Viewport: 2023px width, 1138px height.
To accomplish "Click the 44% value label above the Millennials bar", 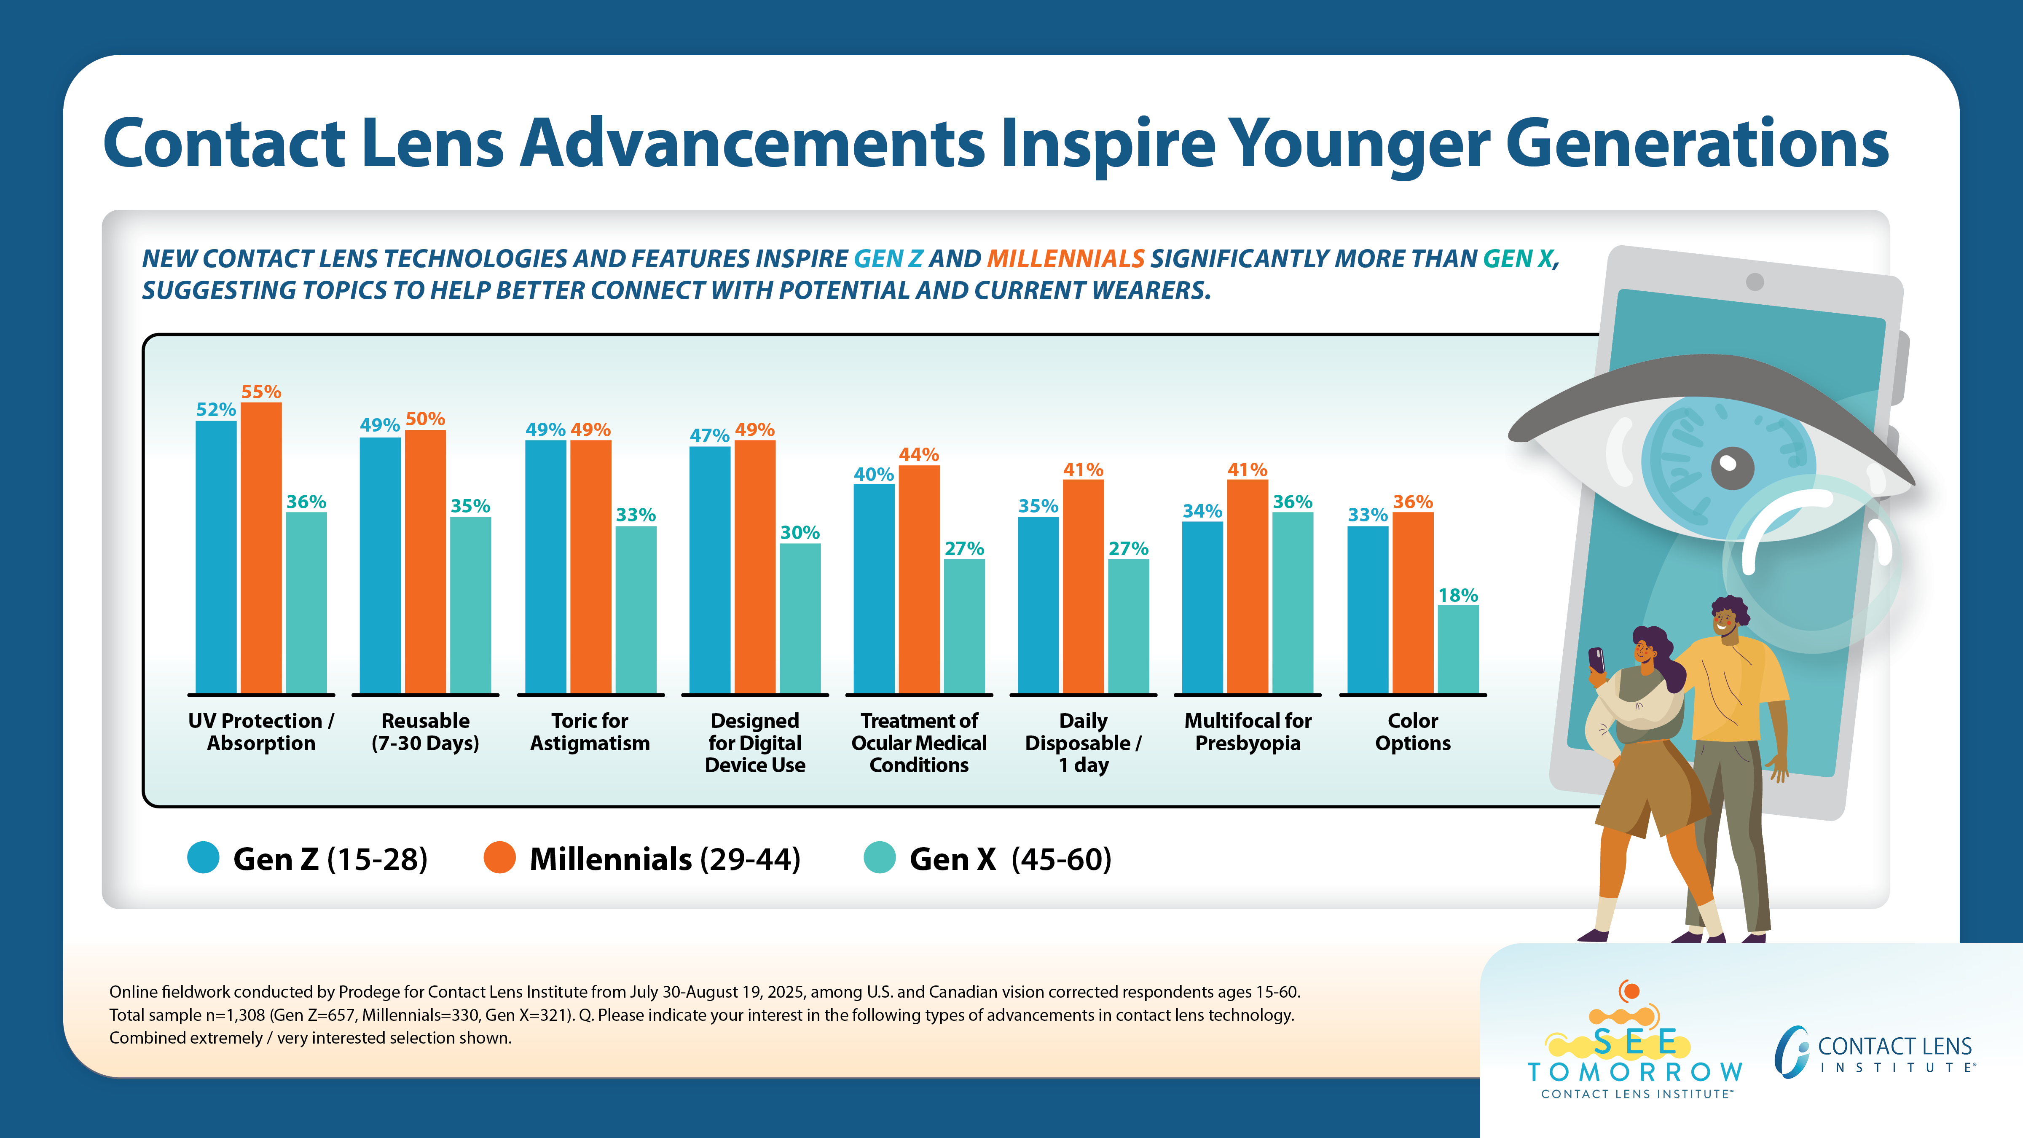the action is point(919,455).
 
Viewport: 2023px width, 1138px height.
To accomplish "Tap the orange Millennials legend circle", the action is point(499,858).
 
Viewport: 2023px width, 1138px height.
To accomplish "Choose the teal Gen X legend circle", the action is point(880,858).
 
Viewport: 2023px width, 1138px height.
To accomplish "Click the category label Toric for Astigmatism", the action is point(590,732).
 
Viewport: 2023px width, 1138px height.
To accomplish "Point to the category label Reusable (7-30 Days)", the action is point(425,732).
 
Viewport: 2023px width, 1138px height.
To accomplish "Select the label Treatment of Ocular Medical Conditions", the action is point(919,743).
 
